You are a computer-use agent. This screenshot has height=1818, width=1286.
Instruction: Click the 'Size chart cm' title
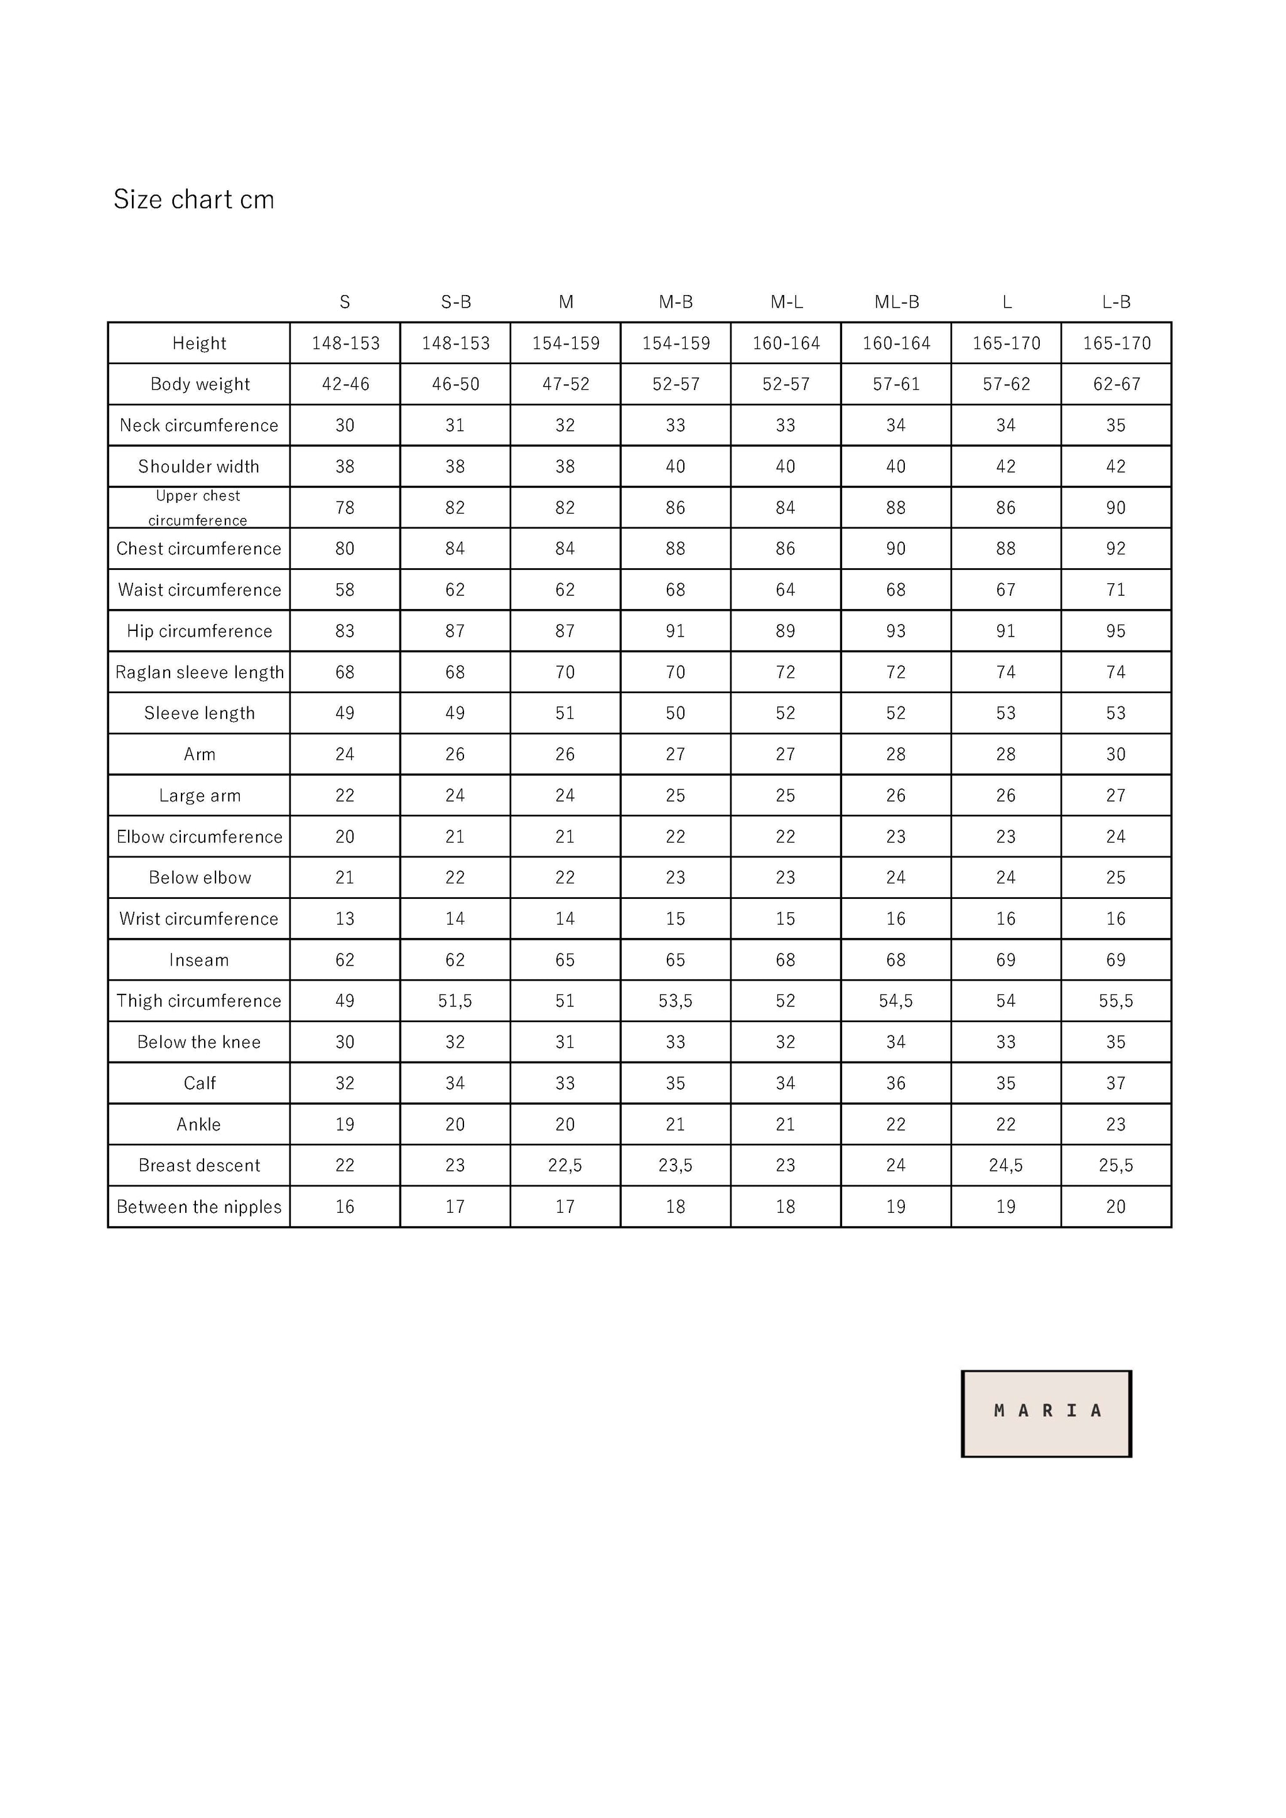pyautogui.click(x=194, y=200)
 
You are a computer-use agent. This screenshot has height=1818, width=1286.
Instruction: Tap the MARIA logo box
pyautogui.click(x=1046, y=1413)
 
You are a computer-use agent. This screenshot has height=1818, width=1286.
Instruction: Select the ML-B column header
pyautogui.click(x=897, y=302)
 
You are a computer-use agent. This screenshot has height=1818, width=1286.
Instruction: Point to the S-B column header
pyautogui.click(x=455, y=302)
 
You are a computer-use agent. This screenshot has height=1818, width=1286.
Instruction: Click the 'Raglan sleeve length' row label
pyautogui.click(x=200, y=672)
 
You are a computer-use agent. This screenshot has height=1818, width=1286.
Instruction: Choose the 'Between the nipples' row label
pyautogui.click(x=200, y=1207)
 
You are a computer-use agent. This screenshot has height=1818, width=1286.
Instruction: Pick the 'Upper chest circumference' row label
pyautogui.click(x=198, y=508)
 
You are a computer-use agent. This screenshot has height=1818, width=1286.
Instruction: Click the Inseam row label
pyautogui.click(x=200, y=960)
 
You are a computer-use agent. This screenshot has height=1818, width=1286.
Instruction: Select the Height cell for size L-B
pyautogui.click(x=1116, y=343)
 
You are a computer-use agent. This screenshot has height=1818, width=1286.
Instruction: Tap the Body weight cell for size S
pyautogui.click(x=345, y=384)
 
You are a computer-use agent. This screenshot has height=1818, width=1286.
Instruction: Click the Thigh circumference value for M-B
pyautogui.click(x=676, y=1001)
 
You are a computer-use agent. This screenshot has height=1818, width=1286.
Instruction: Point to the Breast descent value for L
pyautogui.click(x=1006, y=1166)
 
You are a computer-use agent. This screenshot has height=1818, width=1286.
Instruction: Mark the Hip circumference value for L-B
pyautogui.click(x=1116, y=631)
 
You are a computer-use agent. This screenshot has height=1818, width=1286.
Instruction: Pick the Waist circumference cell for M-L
pyautogui.click(x=786, y=590)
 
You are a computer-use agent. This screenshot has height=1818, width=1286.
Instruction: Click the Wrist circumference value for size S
pyautogui.click(x=345, y=918)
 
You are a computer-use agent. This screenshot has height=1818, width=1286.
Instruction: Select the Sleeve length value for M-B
pyautogui.click(x=676, y=713)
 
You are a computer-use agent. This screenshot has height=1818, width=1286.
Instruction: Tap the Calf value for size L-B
pyautogui.click(x=1116, y=1083)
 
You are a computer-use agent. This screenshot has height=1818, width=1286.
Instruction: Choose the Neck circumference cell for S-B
pyautogui.click(x=455, y=425)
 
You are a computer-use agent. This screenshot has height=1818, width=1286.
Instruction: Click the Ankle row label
pyautogui.click(x=200, y=1124)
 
